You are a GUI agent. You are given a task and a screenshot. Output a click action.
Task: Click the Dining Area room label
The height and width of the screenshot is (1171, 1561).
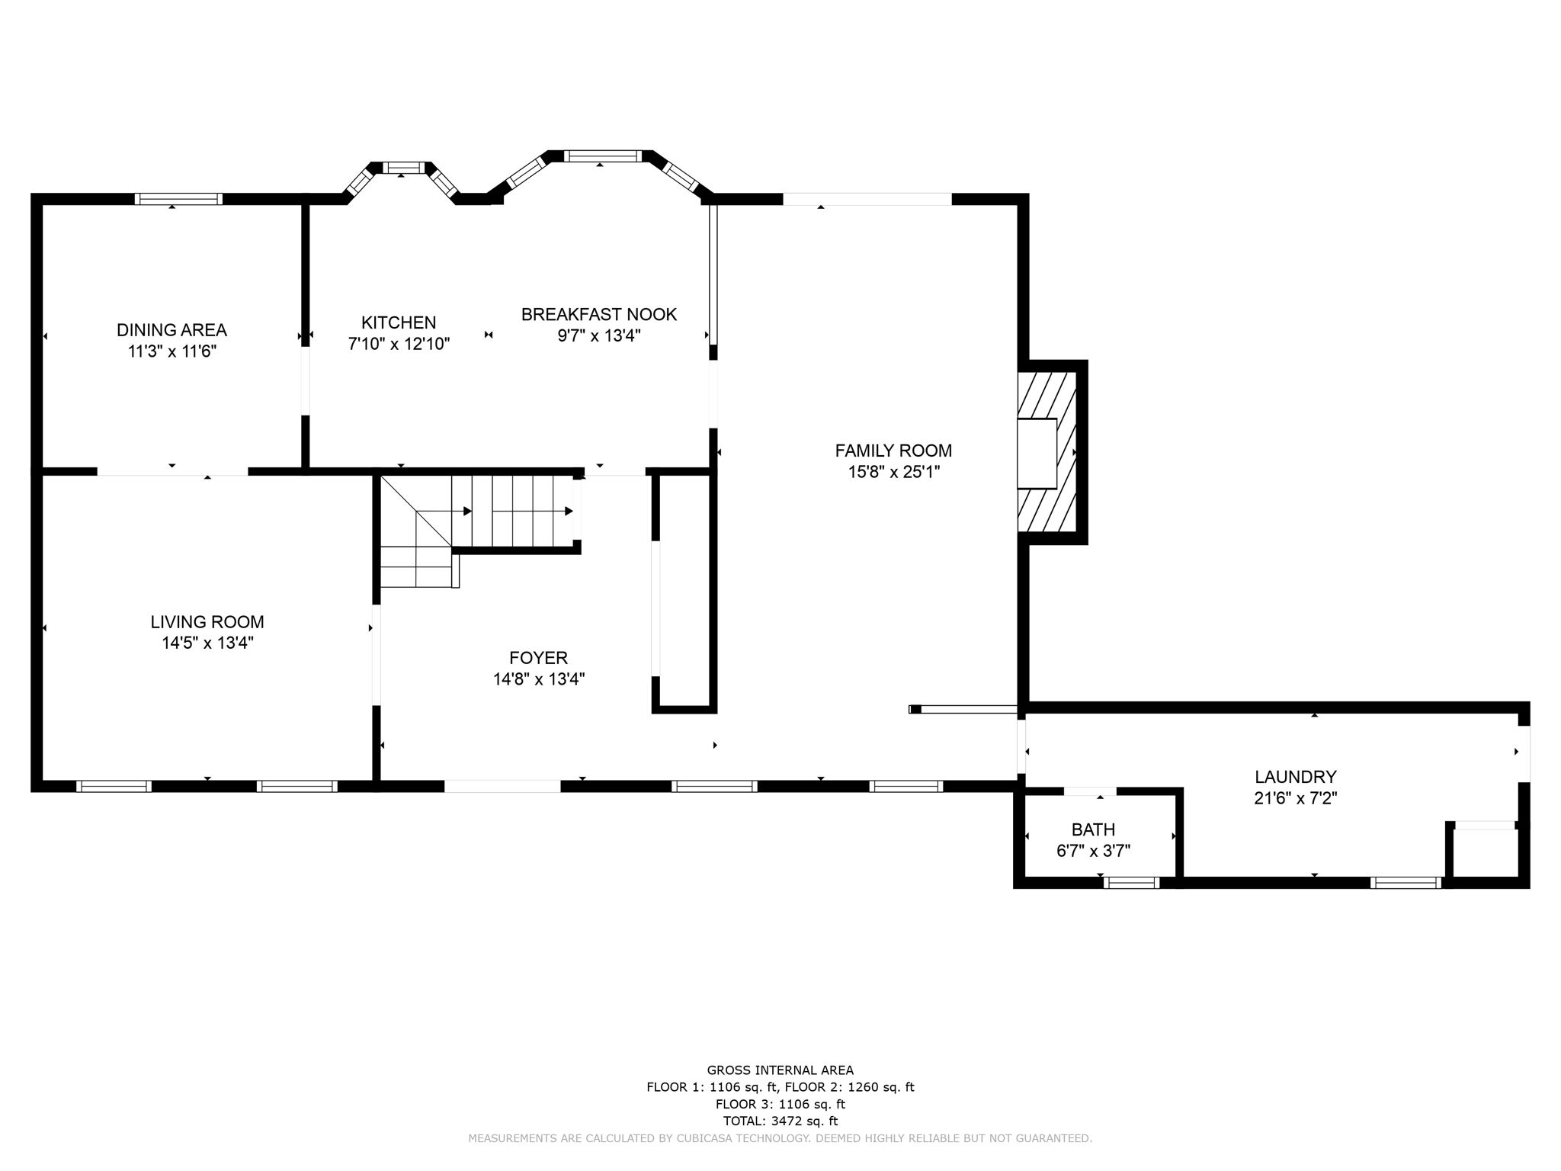tap(171, 330)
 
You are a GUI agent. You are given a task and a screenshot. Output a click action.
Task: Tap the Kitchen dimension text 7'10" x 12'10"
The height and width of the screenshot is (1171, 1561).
tap(399, 344)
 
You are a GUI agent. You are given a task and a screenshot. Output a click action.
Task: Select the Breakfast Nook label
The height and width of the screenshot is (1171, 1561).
tap(599, 314)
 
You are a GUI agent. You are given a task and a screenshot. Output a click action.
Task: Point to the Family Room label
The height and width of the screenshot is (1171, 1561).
tap(893, 451)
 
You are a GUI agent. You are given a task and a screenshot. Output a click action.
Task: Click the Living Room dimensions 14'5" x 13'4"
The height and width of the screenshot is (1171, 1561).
tap(207, 643)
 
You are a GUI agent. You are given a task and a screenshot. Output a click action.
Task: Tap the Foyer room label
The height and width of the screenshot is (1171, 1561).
tap(538, 657)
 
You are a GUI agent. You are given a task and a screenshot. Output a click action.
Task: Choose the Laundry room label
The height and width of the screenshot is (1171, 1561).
tap(1296, 777)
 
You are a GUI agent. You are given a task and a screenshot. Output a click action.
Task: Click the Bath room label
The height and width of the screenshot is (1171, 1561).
tap(1093, 829)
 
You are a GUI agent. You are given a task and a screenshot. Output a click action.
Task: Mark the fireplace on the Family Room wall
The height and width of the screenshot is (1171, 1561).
tap(1047, 453)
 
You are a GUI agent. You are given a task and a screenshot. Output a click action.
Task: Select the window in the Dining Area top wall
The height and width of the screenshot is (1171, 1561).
tap(179, 199)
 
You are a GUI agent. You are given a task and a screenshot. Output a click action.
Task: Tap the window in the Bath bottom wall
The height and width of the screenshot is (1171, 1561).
tap(1131, 883)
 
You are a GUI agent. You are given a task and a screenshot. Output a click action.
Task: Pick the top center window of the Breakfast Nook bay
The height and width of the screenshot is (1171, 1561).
tap(602, 156)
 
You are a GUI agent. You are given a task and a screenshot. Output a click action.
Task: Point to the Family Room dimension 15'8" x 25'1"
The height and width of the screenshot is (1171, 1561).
tap(893, 472)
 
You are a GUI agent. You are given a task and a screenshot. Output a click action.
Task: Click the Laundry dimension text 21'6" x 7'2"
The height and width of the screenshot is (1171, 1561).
tap(1296, 798)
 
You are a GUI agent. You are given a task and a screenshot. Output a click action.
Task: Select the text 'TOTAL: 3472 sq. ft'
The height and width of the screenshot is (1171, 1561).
tap(780, 1121)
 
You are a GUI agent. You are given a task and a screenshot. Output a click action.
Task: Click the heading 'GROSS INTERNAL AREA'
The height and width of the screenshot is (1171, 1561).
tap(780, 1070)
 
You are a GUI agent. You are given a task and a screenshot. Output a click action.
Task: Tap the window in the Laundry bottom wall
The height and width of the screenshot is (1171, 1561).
tap(1406, 883)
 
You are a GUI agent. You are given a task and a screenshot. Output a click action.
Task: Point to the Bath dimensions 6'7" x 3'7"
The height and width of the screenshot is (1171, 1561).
tap(1093, 851)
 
